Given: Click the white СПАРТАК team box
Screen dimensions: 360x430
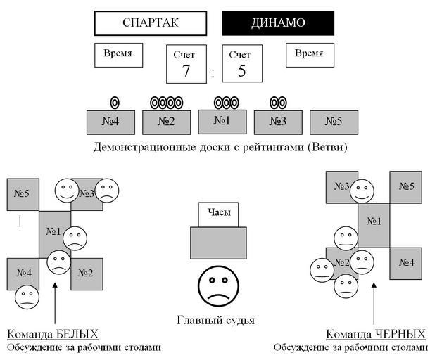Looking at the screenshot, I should (x=151, y=22).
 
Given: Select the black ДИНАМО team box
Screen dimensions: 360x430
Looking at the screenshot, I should (x=278, y=22).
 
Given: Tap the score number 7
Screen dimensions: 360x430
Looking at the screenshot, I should (x=186, y=71).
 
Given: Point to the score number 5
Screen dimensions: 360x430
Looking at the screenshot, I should (x=241, y=71).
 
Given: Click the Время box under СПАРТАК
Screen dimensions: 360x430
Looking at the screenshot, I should (x=118, y=54).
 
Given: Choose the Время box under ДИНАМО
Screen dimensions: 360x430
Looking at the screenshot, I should (x=310, y=54).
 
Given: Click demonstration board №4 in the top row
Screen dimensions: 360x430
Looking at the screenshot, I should (x=110, y=122).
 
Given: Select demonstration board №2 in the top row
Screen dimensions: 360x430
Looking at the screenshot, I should (x=167, y=122).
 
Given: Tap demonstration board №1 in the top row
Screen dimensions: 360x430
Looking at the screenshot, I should (x=222, y=121).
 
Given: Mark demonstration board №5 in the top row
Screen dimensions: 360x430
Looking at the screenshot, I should (x=334, y=122).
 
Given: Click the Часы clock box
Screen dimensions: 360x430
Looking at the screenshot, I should (x=219, y=213).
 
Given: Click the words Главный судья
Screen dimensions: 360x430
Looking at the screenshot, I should (x=215, y=321).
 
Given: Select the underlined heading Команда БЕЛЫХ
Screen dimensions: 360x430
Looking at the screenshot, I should (x=53, y=333).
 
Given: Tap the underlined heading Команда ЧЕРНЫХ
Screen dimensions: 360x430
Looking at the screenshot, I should (x=376, y=333).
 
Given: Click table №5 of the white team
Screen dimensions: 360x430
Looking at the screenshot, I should (x=23, y=193).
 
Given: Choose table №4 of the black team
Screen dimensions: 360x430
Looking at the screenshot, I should (x=406, y=262).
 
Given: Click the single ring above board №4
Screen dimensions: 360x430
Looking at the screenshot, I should (x=115, y=103).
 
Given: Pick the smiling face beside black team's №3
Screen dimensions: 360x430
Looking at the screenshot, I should (x=362, y=190).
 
